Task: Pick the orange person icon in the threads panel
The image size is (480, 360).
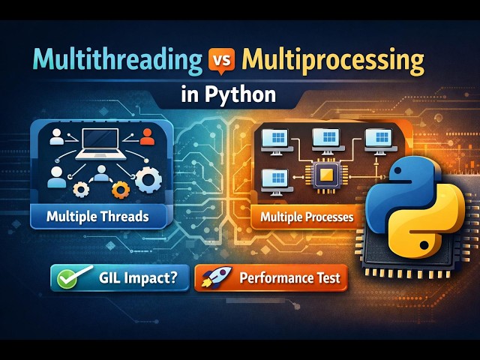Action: [147, 136]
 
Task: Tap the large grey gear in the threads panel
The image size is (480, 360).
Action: [148, 180]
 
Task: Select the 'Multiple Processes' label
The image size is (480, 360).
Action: [307, 218]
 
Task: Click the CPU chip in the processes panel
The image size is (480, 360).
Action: [326, 176]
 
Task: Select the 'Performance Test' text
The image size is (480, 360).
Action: [289, 278]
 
